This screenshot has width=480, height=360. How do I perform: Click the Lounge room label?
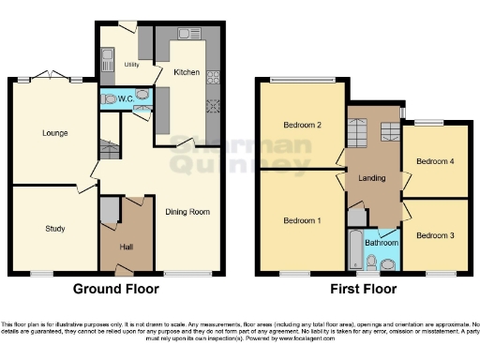click(x=54, y=133)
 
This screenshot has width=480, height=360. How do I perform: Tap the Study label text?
click(x=54, y=228)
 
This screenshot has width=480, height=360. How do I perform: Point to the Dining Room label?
click(x=189, y=212)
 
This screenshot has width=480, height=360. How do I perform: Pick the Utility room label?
click(x=131, y=65)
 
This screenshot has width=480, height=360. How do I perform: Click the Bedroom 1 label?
click(x=302, y=220)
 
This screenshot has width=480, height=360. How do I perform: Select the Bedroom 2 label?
click(x=302, y=125)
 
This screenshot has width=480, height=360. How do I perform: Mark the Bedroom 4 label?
click(x=435, y=161)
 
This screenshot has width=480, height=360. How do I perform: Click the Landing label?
click(x=373, y=177)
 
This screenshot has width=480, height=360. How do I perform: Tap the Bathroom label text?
click(x=382, y=242)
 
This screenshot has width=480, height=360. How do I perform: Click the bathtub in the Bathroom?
click(x=355, y=249)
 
